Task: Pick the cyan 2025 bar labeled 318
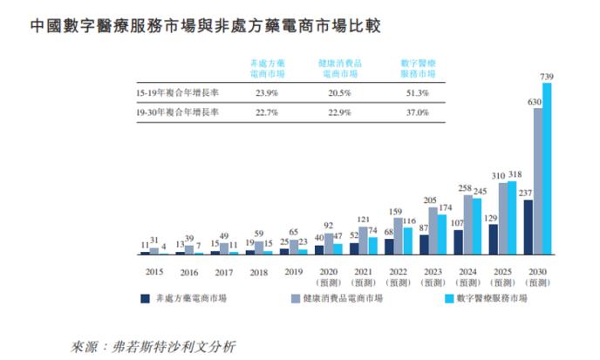click(x=512, y=218)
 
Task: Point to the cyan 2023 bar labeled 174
click(x=442, y=234)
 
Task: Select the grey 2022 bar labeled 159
click(x=398, y=235)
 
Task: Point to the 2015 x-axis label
click(x=154, y=272)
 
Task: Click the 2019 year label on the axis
click(x=294, y=272)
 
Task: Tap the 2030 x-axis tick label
click(x=537, y=272)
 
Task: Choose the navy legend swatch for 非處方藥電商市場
click(x=144, y=298)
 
